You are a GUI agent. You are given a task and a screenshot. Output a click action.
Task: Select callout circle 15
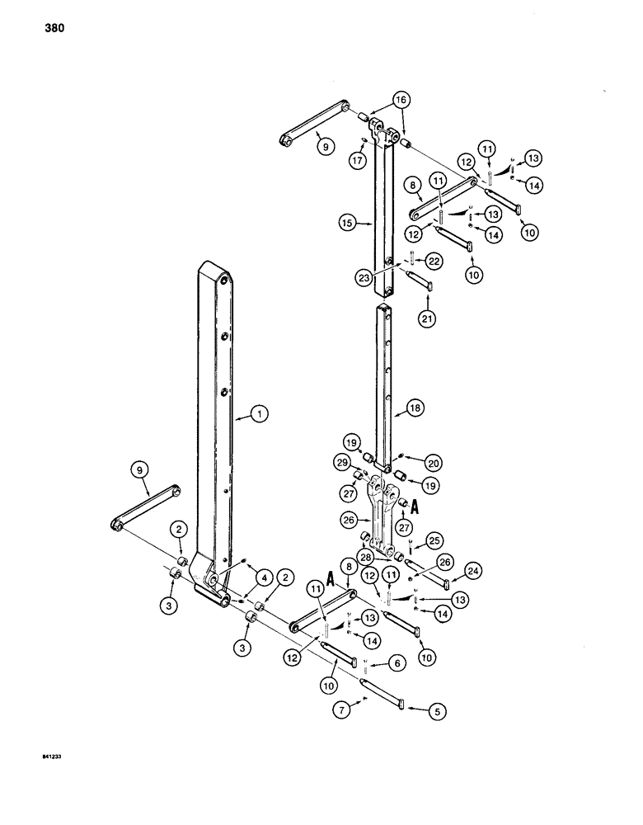click(347, 222)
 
